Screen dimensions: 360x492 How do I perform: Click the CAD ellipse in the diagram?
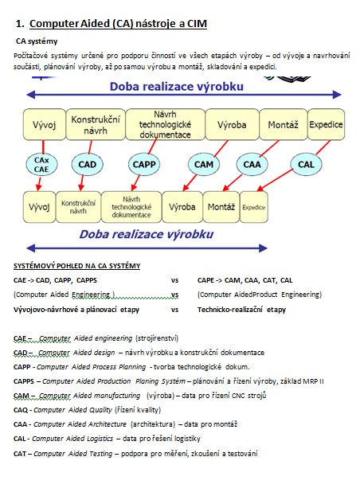point(87,165)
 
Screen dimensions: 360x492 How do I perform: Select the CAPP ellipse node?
point(144,165)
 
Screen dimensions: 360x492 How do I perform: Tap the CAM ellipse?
point(204,165)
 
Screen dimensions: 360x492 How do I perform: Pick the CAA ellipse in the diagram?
point(252,165)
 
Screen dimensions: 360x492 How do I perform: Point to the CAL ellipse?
point(306,165)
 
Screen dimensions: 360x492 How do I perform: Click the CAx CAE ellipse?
point(41,165)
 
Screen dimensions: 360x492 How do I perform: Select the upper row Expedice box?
point(326,124)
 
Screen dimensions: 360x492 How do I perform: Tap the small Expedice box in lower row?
point(254,207)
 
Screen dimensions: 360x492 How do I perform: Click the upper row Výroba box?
point(232,124)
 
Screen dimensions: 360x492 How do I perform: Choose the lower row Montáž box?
point(221,207)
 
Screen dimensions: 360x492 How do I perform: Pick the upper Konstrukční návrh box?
point(96,124)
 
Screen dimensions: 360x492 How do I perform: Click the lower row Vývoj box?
point(39,207)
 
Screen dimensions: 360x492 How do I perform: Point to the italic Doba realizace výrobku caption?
point(147,234)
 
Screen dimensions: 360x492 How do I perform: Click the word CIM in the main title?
point(197,24)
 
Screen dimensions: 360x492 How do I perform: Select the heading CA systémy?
point(37,41)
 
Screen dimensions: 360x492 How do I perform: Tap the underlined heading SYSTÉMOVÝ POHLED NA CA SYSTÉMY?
point(77,266)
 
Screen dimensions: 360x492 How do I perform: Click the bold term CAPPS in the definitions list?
point(24,381)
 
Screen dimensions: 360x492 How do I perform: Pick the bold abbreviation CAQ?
point(21,410)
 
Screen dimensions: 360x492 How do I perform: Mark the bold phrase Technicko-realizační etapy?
point(241,310)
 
